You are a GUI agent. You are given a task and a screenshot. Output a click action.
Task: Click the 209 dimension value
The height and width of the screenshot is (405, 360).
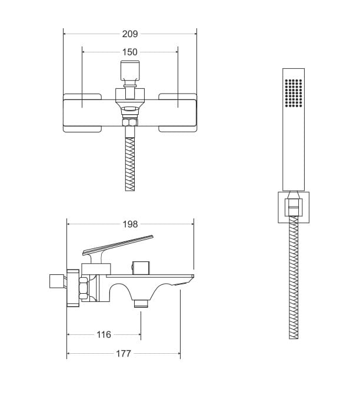click(130, 34)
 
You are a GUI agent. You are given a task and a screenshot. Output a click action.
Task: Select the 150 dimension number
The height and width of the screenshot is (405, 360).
click(129, 52)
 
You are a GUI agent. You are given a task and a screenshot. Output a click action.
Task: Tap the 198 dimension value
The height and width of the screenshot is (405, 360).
click(130, 224)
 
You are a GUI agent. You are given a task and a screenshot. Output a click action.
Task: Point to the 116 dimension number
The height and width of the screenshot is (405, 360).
click(104, 334)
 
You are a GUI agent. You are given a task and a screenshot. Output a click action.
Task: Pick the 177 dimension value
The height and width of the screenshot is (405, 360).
click(124, 353)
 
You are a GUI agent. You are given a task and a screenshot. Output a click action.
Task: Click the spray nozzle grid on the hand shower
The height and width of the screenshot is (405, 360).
click(294, 92)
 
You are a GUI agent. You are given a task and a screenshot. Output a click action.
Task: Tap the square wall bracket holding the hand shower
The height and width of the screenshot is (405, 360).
click(294, 207)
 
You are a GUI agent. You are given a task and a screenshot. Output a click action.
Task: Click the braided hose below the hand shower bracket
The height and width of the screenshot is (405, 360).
click(294, 277)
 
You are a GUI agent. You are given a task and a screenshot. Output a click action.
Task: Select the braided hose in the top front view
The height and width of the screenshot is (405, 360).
click(130, 164)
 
